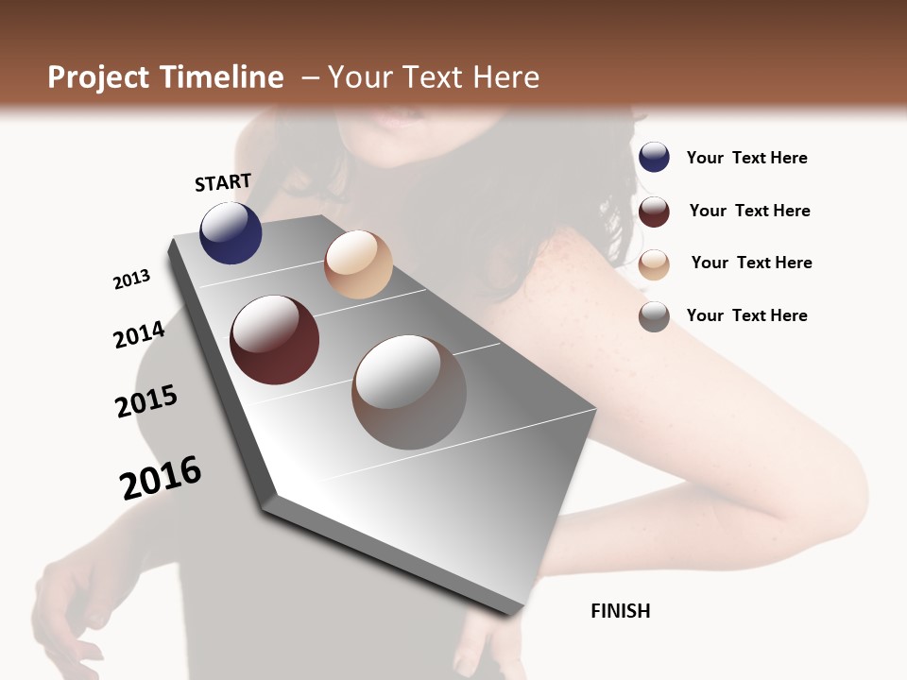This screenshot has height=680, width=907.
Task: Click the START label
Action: point(223,182)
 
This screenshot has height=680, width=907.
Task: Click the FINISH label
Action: point(620,611)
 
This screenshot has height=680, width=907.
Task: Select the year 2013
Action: point(131,280)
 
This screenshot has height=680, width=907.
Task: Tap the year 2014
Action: point(139,335)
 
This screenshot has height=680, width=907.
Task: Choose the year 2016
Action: point(161,477)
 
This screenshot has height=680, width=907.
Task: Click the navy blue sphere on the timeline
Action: point(231,233)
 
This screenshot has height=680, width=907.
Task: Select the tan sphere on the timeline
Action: point(358,264)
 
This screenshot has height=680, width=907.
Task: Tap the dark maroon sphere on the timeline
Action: point(274,340)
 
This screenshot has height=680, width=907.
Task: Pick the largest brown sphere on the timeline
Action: point(409,392)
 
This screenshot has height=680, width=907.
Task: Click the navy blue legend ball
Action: point(654,157)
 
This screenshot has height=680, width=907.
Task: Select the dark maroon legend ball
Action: point(654,211)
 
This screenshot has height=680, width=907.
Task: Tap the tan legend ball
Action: point(654,263)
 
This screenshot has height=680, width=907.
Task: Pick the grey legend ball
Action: point(654,316)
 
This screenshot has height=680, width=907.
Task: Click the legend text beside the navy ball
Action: point(746,158)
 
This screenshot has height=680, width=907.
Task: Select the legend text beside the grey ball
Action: point(746,315)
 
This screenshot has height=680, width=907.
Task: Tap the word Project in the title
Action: point(100,77)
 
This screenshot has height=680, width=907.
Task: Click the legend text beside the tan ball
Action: point(751,263)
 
